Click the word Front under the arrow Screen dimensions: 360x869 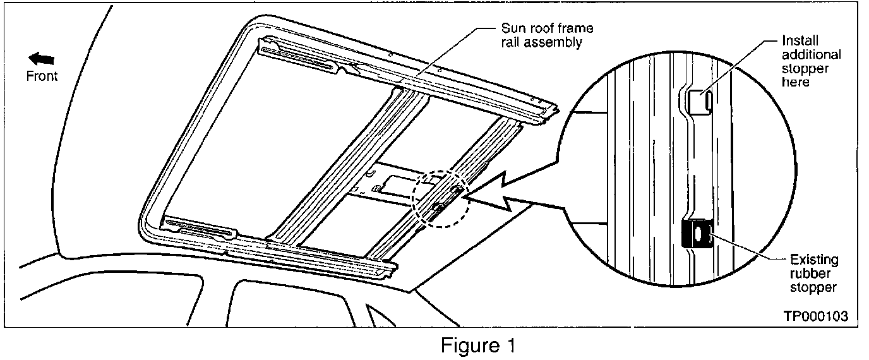[x=42, y=76]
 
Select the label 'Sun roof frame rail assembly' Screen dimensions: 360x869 [x=547, y=35]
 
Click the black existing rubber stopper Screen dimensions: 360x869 [x=697, y=234]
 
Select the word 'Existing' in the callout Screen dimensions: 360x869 [x=813, y=260]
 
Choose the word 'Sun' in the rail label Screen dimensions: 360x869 [x=512, y=29]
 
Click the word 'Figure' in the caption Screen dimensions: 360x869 [x=469, y=346]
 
